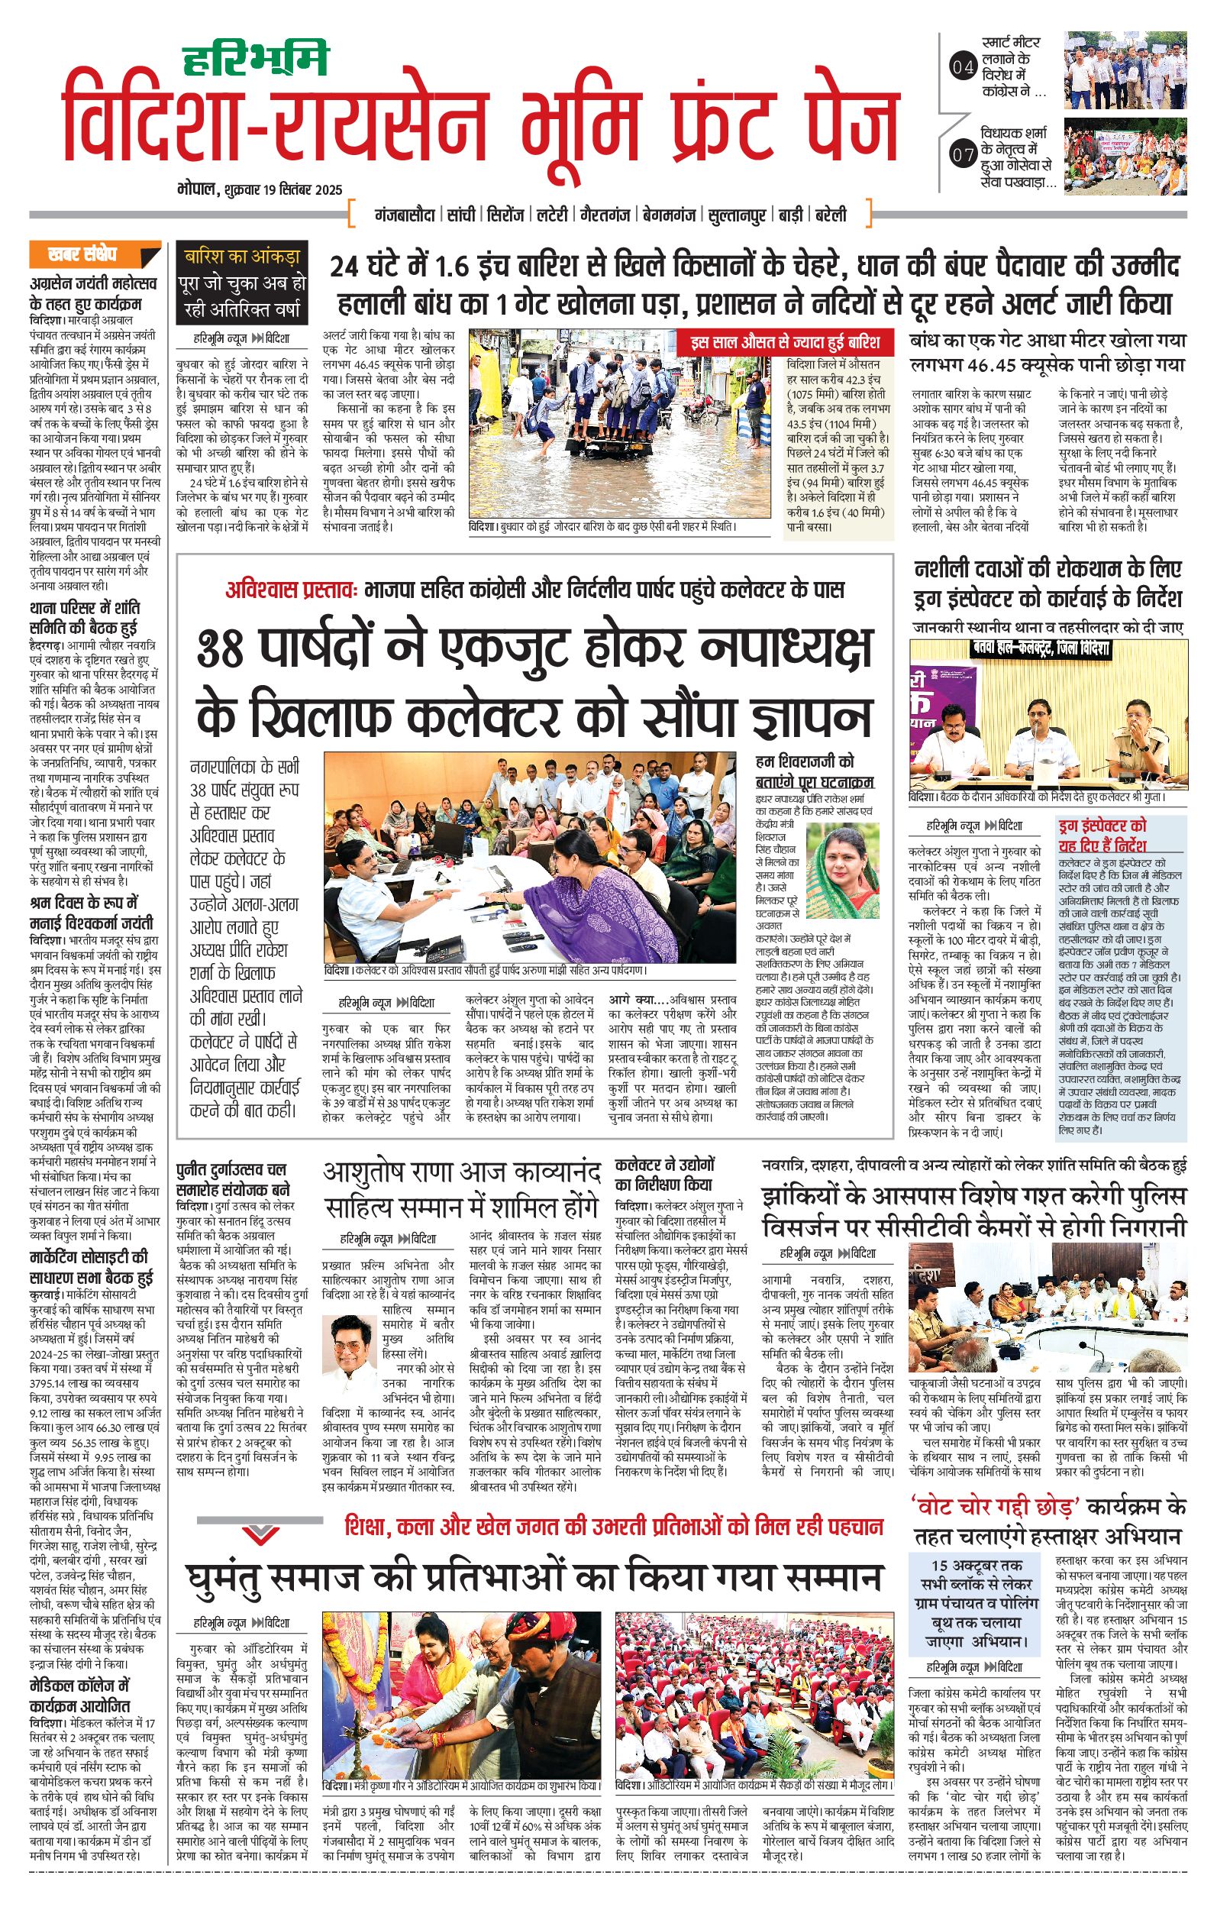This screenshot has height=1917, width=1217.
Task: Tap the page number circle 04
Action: click(x=963, y=67)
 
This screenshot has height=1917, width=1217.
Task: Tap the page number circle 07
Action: click(x=963, y=154)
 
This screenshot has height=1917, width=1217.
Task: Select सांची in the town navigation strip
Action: click(x=461, y=215)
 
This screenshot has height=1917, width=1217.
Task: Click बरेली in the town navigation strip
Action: click(x=830, y=215)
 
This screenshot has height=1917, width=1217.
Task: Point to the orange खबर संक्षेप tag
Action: click(x=94, y=255)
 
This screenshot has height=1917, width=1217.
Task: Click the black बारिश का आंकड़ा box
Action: click(x=242, y=283)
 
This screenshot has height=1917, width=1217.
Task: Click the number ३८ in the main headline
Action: click(x=221, y=650)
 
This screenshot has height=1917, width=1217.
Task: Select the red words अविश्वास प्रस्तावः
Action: click(x=292, y=590)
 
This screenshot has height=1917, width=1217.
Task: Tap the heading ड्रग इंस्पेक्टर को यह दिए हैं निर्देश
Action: click(x=1102, y=835)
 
